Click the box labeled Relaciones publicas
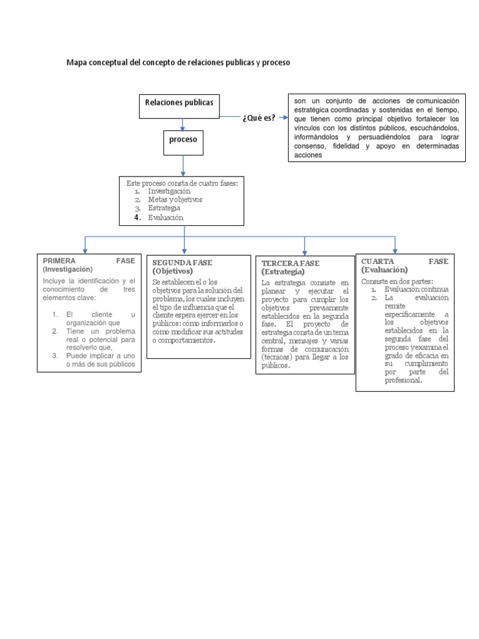point(178,103)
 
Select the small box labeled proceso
point(183,140)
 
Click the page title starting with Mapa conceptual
point(178,63)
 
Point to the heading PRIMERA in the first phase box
point(60,261)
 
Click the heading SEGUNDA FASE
point(182,263)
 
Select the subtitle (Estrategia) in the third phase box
point(283,272)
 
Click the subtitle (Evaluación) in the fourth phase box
point(384,270)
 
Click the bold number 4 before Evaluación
point(137,217)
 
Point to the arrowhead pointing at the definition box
point(284,117)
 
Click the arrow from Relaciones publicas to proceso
point(182,124)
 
